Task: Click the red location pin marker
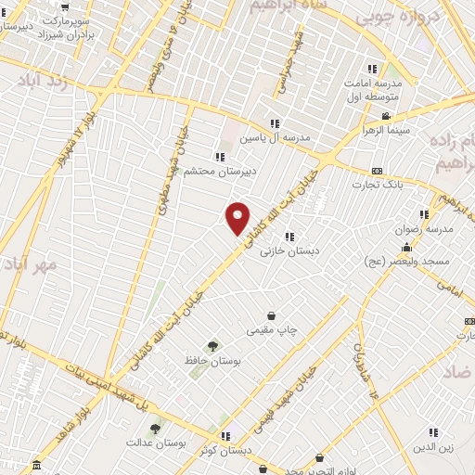238,217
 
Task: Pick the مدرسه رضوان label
429,228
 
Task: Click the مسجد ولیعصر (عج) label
406,263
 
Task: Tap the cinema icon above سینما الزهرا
385,116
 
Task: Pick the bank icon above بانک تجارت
376,171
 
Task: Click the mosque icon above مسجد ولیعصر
406,248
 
